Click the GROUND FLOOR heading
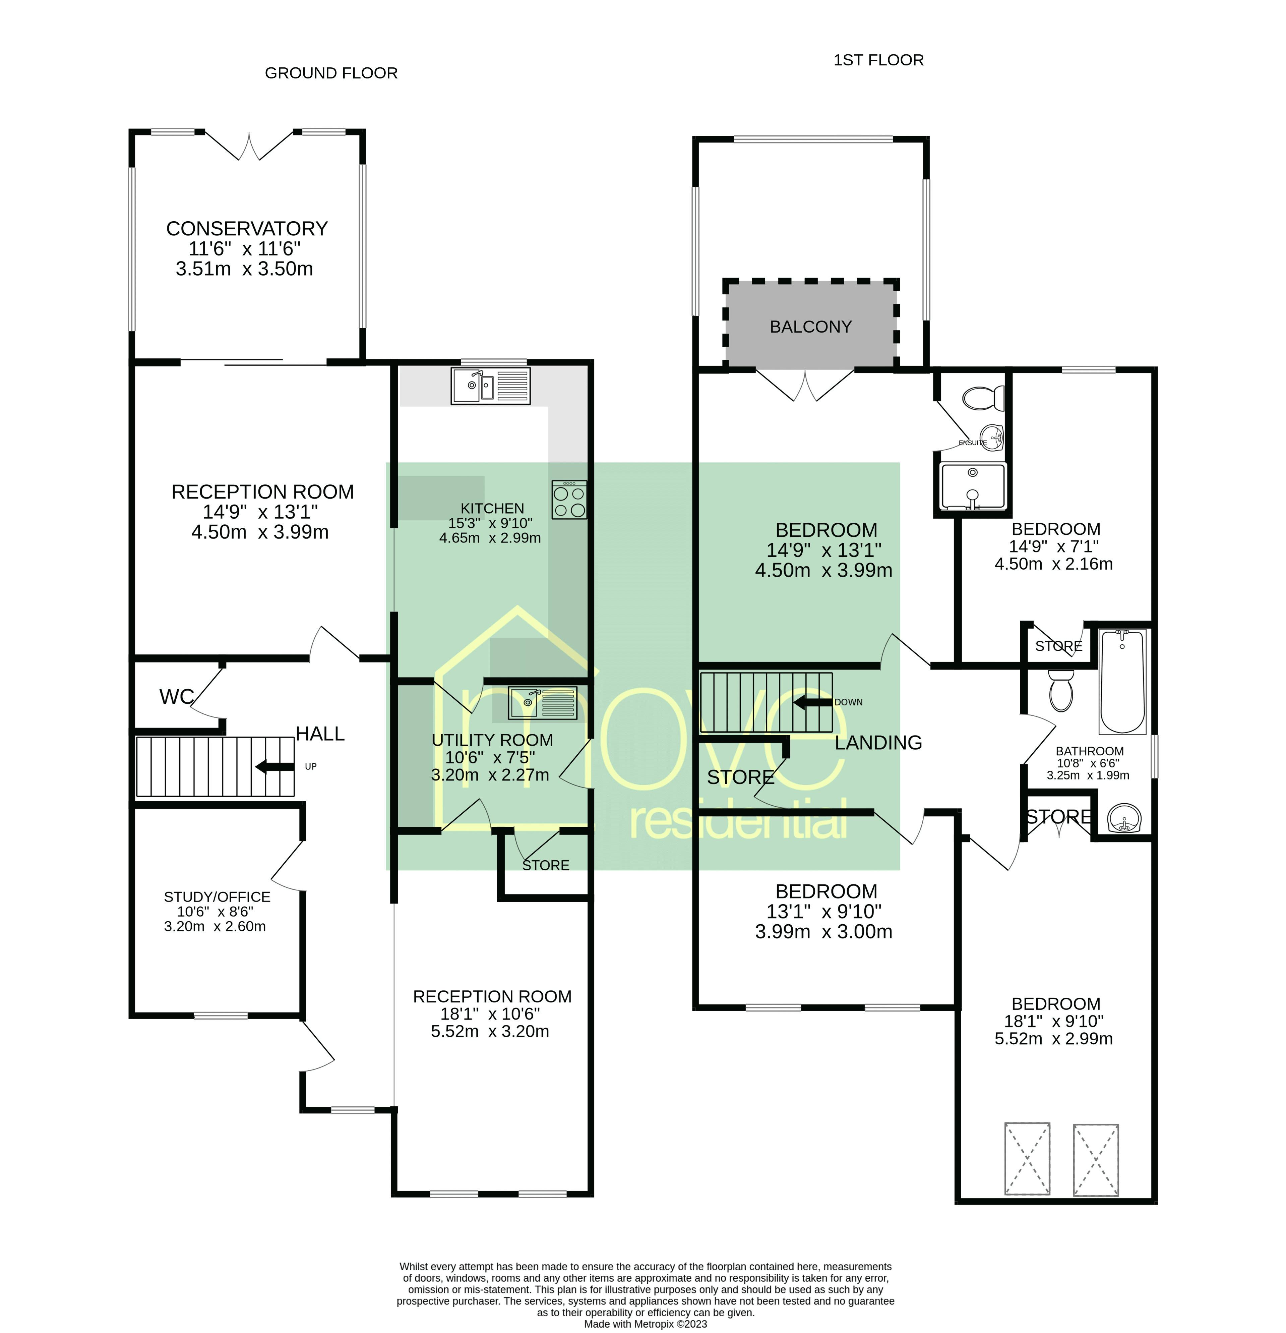pyautogui.click(x=331, y=73)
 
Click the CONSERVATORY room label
pyautogui.click(x=247, y=229)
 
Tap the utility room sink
pyautogui.click(x=542, y=703)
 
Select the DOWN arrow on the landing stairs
pyautogui.click(x=813, y=702)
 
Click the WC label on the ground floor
pyautogui.click(x=176, y=696)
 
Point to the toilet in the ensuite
pyautogui.click(x=983, y=399)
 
